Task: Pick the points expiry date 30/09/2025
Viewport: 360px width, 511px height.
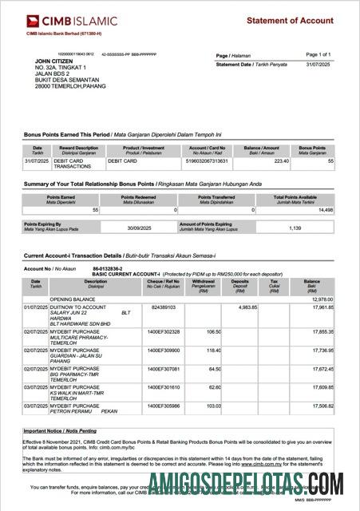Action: tap(143, 228)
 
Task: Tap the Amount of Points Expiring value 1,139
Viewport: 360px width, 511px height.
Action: tap(295, 228)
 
